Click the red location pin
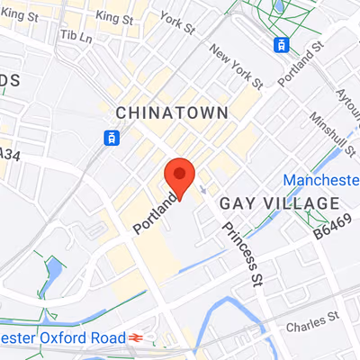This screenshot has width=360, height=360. click(179, 176)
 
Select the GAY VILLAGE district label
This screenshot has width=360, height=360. click(279, 203)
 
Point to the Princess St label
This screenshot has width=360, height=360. click(240, 247)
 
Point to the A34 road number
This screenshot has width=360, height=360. click(9, 155)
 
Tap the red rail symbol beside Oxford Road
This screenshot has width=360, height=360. click(136, 337)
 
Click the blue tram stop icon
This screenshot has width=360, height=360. click(111, 137)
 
